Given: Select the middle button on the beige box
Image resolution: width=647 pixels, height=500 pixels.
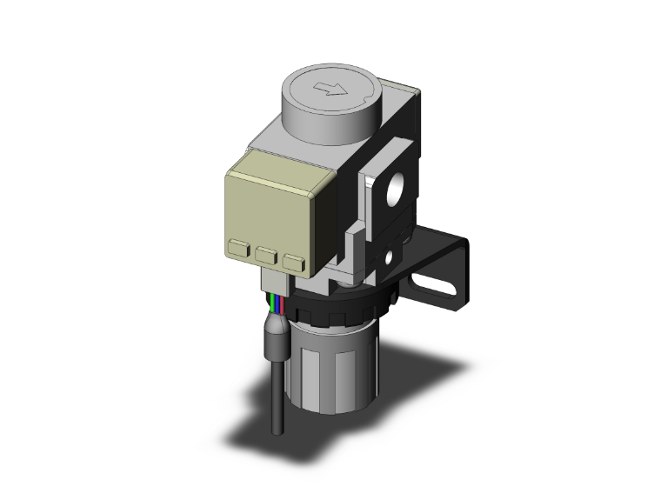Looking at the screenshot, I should point(268,255).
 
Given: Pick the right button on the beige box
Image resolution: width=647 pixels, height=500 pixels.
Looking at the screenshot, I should point(295,260).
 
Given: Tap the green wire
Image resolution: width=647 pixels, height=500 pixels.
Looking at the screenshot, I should point(271,305).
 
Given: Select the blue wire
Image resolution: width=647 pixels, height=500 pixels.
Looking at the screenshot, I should point(277,306).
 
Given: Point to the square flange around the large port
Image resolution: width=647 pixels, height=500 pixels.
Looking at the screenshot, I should point(383,174).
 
